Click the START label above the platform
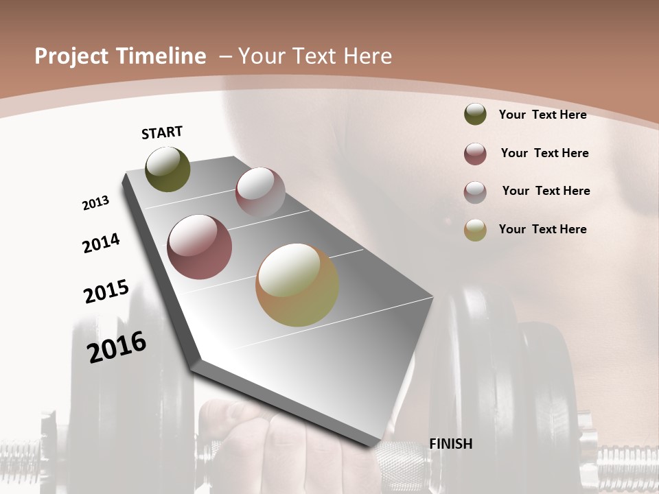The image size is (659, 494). pos(162,132)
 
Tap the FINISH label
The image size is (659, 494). pos(450,444)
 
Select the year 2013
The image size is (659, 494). pos(96,203)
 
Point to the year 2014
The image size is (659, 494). pos(102,243)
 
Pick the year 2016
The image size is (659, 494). pos(117,346)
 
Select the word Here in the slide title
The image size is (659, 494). pos(367,56)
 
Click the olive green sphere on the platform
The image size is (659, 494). pos(167,169)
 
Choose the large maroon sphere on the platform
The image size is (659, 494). pos(199,247)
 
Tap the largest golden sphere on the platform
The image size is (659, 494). pos(297,285)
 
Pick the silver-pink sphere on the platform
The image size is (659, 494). pos(260,192)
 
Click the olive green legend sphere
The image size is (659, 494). pos(475,114)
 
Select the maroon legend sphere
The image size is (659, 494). pos(475,154)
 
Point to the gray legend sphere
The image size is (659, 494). pos(475,192)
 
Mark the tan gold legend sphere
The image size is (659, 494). pos(475,230)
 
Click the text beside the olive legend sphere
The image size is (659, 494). pos(542,115)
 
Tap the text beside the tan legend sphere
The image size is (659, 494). pos(542,229)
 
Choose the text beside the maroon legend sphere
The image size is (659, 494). pos(544,153)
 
